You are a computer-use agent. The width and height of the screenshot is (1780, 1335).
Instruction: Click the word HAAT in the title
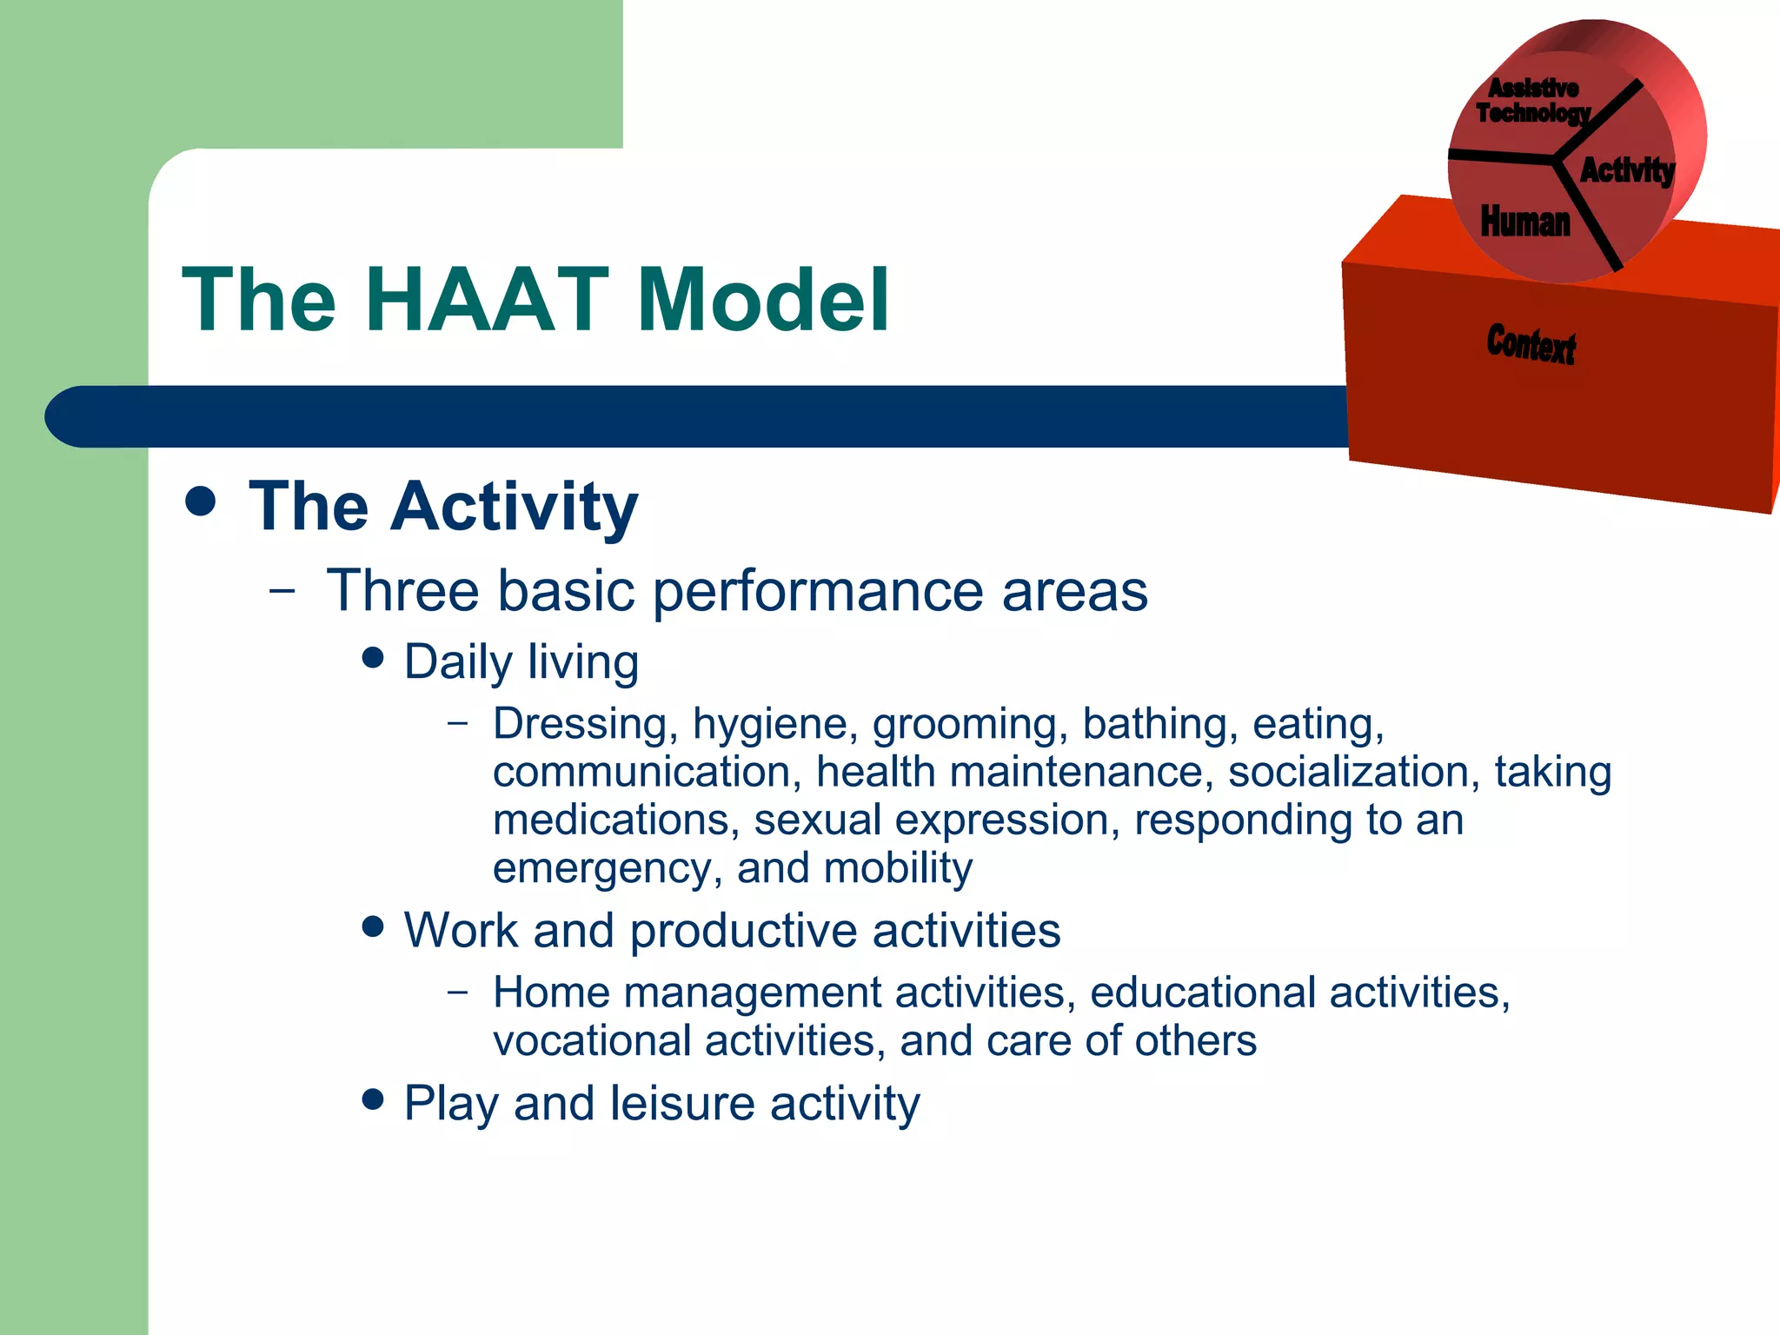(487, 300)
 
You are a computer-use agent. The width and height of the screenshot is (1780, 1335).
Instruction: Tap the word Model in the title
(762, 300)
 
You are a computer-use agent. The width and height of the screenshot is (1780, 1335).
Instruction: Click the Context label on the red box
(1531, 344)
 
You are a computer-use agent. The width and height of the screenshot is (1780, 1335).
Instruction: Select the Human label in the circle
(1525, 222)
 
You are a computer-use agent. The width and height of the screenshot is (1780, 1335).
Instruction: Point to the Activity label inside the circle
(1626, 170)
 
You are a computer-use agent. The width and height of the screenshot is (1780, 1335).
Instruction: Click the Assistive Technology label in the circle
(1533, 101)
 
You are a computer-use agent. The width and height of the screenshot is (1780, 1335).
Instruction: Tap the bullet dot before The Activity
(201, 502)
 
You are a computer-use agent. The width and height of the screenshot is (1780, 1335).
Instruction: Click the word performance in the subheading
(818, 592)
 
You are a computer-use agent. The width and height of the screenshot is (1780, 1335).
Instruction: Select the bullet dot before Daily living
(373, 658)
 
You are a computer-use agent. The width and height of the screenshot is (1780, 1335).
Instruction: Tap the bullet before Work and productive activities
(373, 927)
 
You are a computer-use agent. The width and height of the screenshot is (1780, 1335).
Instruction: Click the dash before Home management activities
(458, 992)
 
